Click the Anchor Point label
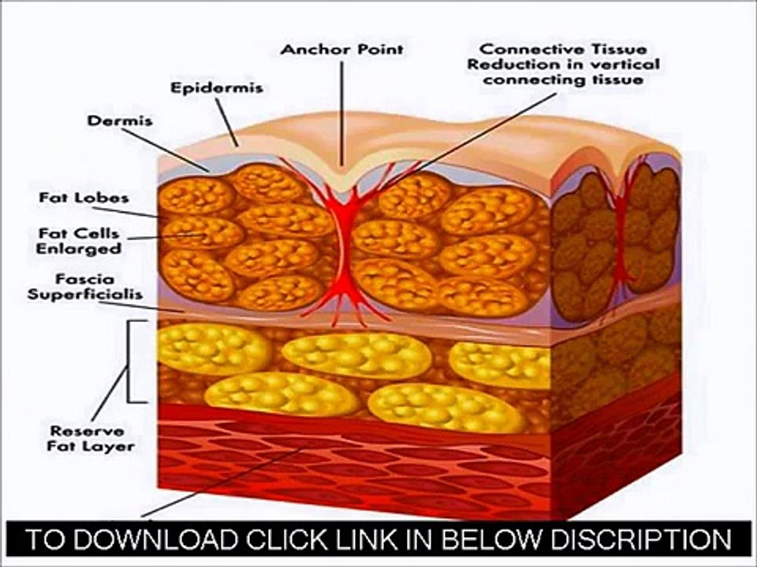point(341,49)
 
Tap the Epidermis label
point(217,87)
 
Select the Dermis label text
point(120,120)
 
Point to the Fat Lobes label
point(84,198)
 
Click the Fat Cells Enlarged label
point(79,241)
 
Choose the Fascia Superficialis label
point(85,287)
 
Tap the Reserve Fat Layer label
point(91,439)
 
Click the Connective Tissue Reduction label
point(563,64)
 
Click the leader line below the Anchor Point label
point(342,113)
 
